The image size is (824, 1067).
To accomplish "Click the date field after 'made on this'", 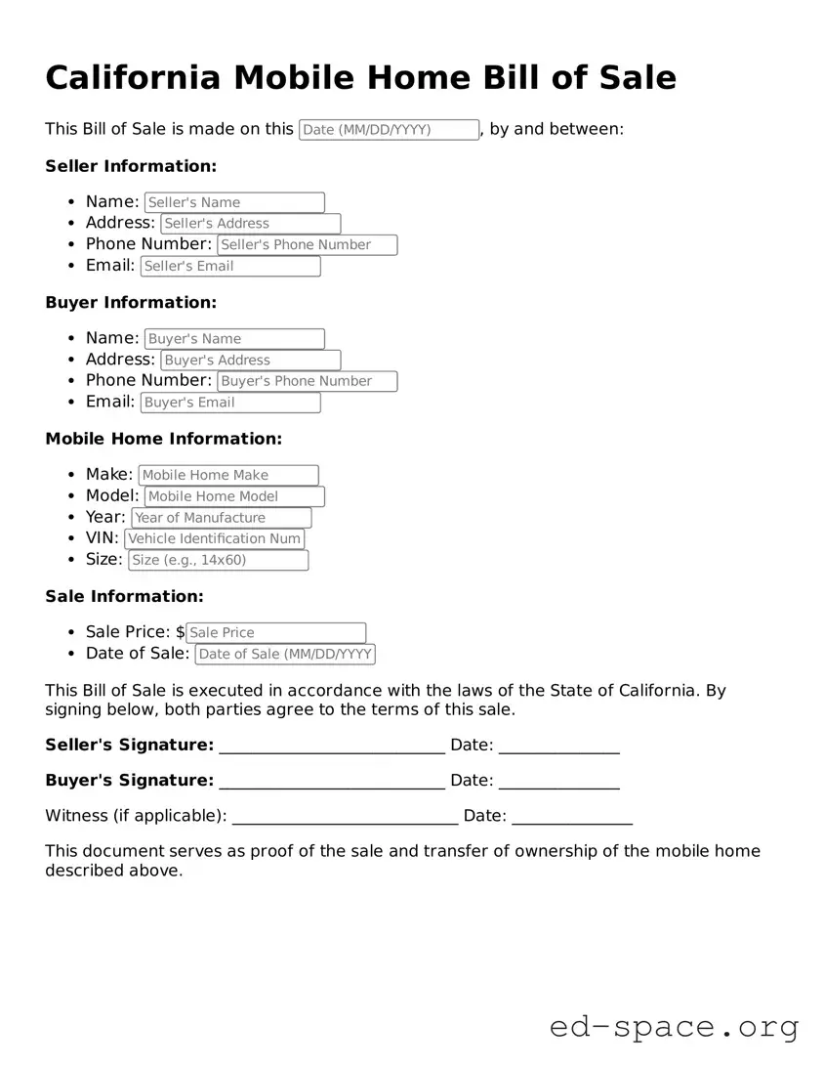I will point(389,130).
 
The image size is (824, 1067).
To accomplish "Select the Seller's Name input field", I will point(234,202).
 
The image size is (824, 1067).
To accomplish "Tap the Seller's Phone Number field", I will point(308,245).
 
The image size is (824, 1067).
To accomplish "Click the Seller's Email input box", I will point(230,266).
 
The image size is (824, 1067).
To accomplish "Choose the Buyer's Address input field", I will point(251,361).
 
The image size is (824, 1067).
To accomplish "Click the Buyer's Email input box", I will point(230,403).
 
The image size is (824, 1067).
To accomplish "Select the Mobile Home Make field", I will point(228,476).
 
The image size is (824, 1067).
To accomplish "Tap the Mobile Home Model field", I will point(234,496).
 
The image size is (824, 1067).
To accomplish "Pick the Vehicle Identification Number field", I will point(214,539).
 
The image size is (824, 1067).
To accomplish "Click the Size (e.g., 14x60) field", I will point(218,561).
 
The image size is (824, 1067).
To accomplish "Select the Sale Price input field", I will point(275,633).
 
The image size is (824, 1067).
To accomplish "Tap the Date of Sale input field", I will point(285,655).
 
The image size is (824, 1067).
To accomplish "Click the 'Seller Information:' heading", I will point(131,166).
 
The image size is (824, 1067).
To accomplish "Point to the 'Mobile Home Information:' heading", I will point(163,439).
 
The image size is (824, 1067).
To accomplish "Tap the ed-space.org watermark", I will point(674,1027).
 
